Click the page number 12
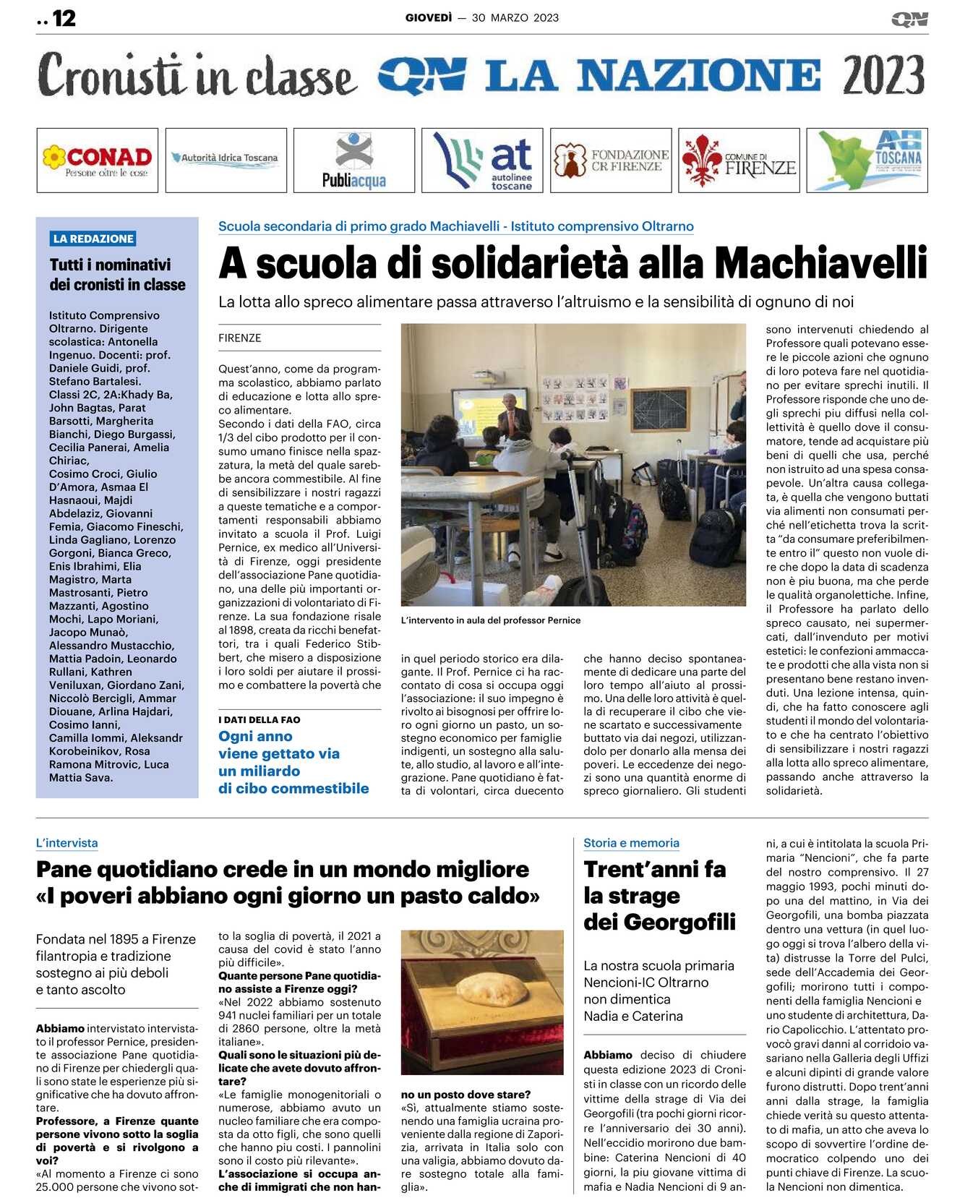(x=64, y=18)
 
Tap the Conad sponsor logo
(x=98, y=161)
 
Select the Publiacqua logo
(x=354, y=161)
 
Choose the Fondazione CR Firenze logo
(x=611, y=161)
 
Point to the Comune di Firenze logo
(x=739, y=161)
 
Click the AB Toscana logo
(x=867, y=161)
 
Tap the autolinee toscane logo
(x=482, y=161)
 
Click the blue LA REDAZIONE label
(x=93, y=239)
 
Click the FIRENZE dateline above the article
(x=239, y=338)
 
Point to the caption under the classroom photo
(x=491, y=620)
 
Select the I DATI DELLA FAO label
(x=259, y=719)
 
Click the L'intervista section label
(x=67, y=843)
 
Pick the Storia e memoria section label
(x=631, y=843)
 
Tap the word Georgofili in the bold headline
(x=679, y=923)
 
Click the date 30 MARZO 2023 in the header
(x=515, y=18)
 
